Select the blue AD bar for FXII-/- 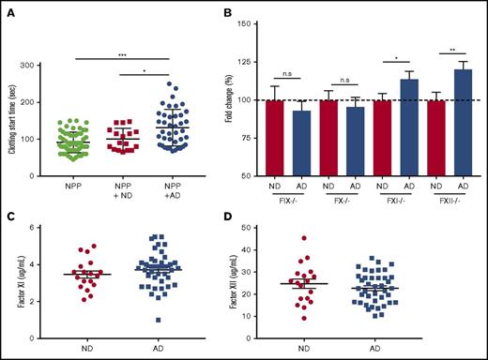point(462,123)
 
